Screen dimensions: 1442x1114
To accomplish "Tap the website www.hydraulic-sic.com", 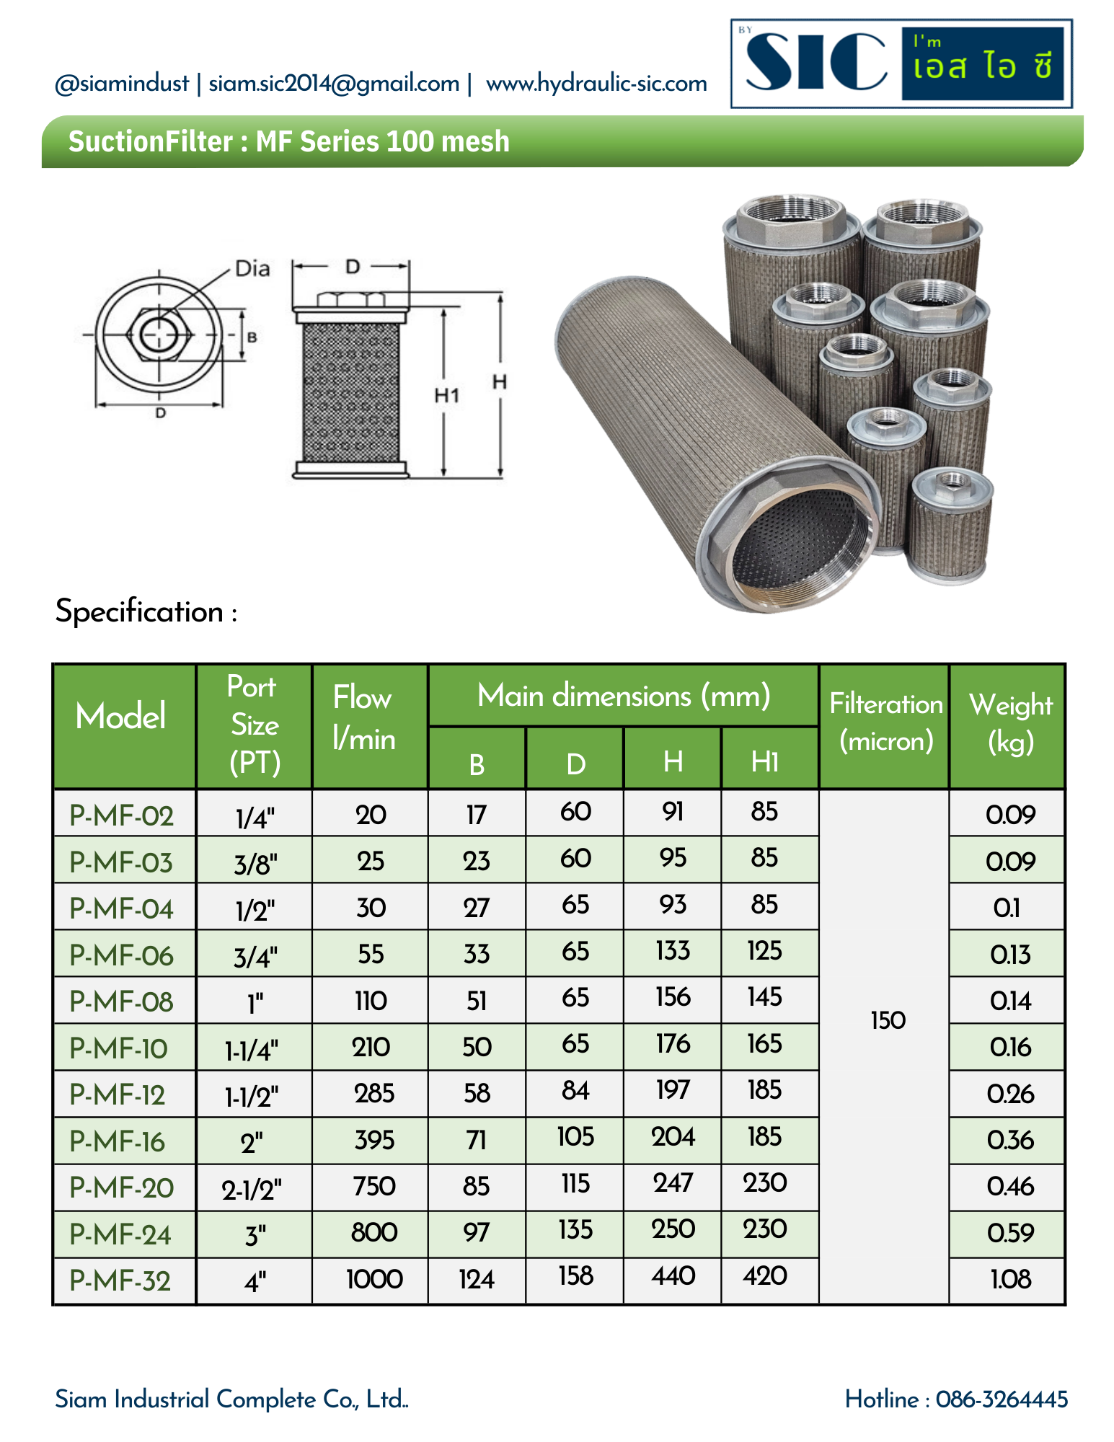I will (x=596, y=84).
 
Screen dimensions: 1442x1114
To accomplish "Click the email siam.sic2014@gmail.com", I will (x=334, y=84).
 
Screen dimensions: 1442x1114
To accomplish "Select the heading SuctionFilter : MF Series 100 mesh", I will (x=288, y=141).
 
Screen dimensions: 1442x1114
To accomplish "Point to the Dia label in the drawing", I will (x=252, y=269).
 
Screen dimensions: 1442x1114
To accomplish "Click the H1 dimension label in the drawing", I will (x=446, y=395).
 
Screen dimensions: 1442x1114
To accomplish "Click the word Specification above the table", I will (x=140, y=612).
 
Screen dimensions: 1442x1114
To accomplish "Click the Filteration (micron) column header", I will (x=885, y=722).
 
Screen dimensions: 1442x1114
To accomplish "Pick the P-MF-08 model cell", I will (x=121, y=1001).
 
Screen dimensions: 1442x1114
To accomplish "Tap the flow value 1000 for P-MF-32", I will (x=373, y=1280).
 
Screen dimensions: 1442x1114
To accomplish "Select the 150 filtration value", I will (x=888, y=1021).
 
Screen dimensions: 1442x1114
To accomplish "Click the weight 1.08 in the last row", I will (x=1010, y=1280).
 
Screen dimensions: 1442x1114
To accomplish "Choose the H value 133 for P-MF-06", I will (x=672, y=951).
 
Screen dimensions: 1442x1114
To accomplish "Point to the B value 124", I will (x=477, y=1280).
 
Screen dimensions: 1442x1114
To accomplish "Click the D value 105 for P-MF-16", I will (x=575, y=1138).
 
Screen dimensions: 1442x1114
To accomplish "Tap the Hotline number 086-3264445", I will (x=1001, y=1399).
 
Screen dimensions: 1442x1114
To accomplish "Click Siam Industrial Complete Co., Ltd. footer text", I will (x=231, y=1399).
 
